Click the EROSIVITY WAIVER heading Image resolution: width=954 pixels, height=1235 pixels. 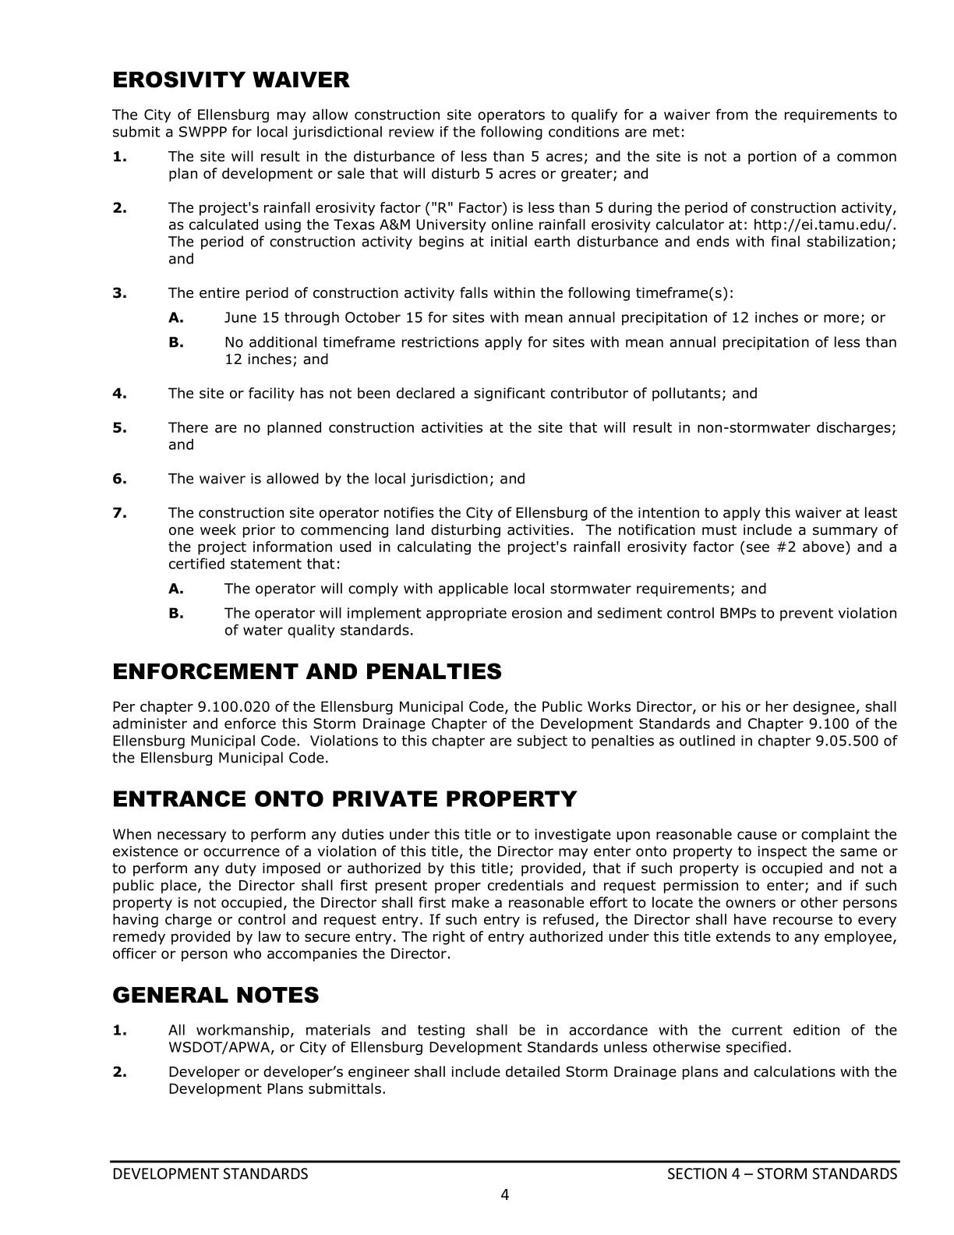click(x=231, y=80)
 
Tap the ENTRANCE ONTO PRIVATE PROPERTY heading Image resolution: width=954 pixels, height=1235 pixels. click(x=344, y=799)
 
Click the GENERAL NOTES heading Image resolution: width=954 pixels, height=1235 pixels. click(x=216, y=996)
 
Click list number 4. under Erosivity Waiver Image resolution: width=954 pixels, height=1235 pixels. click(x=120, y=394)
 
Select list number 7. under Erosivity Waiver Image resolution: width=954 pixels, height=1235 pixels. click(x=120, y=513)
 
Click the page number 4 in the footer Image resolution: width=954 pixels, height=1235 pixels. click(x=504, y=1194)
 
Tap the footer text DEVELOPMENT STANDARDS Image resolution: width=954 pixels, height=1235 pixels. click(x=210, y=1174)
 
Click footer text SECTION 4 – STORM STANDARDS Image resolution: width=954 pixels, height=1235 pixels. click(x=782, y=1174)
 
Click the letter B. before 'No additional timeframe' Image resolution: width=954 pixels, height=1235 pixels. click(x=176, y=342)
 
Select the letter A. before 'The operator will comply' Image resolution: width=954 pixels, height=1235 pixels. click(x=176, y=589)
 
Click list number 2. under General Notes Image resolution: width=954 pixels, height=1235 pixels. click(x=120, y=1072)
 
